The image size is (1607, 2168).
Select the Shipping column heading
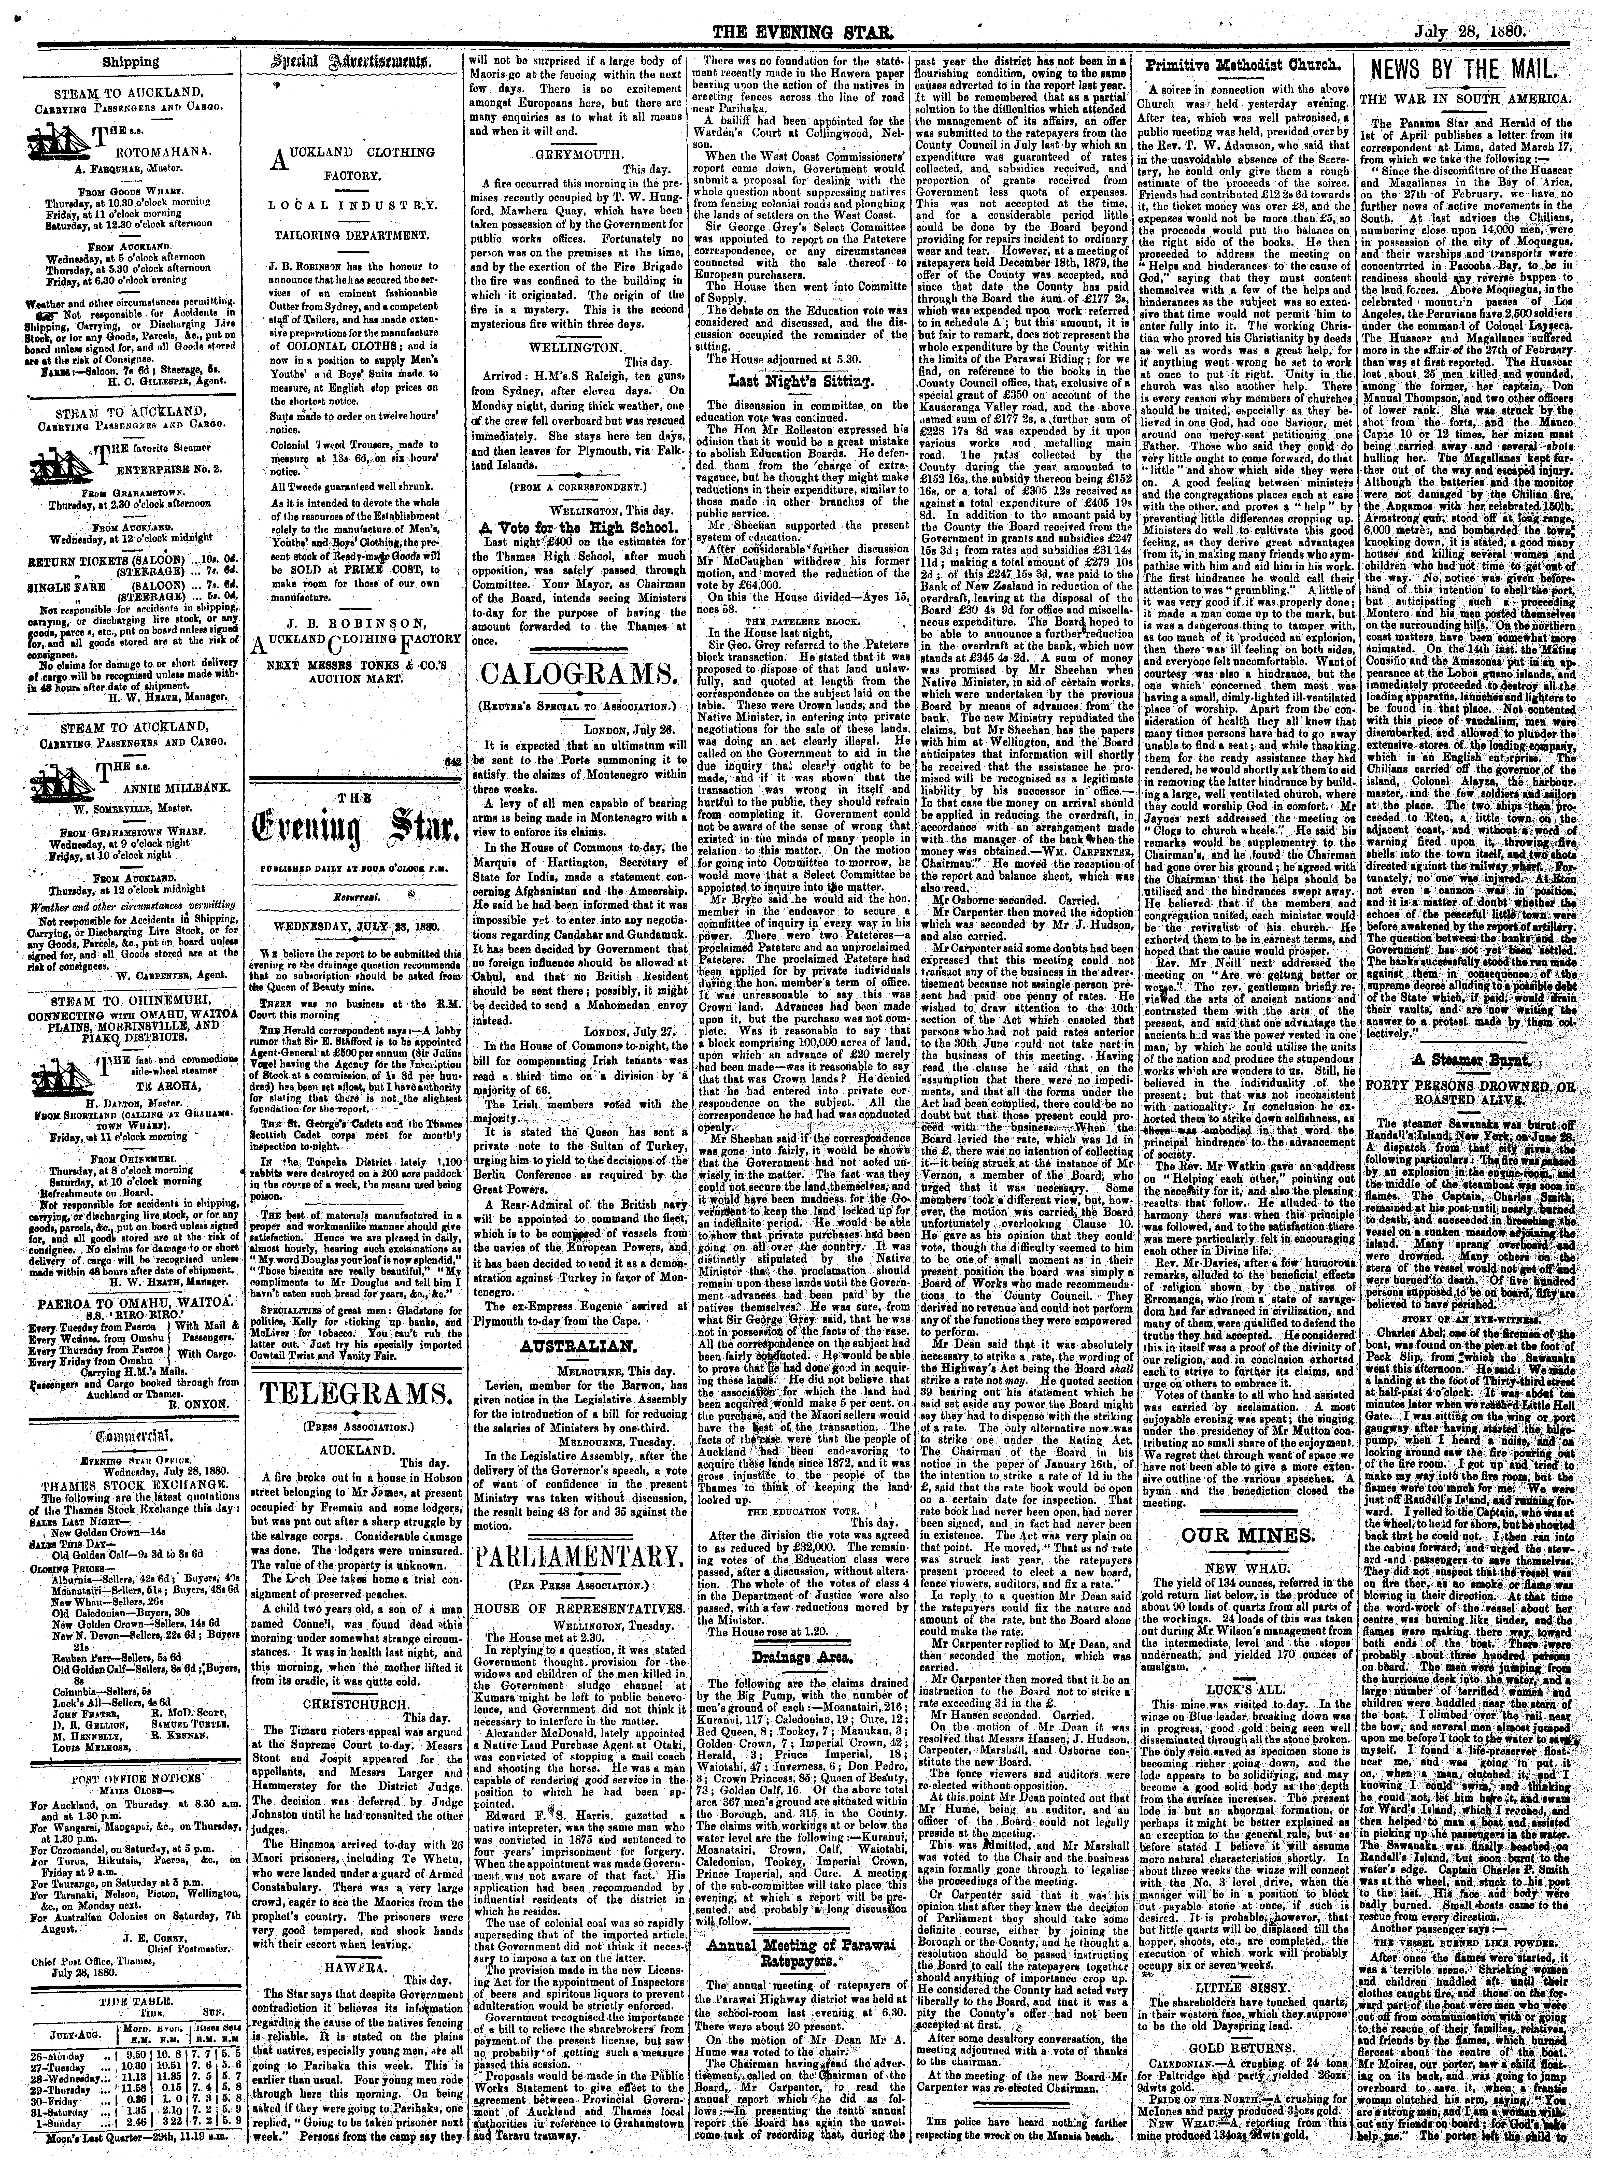coord(133,61)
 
